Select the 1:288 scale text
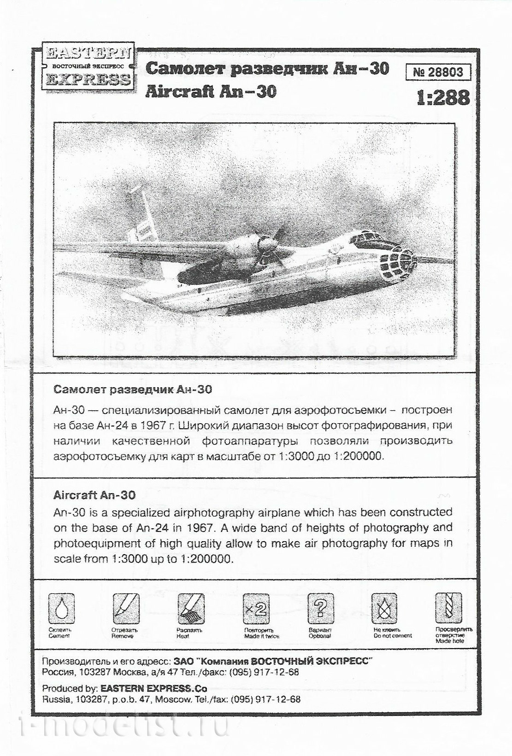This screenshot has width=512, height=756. (x=443, y=98)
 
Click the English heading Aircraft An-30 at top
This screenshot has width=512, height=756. (x=211, y=92)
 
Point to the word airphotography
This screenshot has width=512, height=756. (x=189, y=512)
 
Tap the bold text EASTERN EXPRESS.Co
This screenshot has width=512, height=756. (x=153, y=689)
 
